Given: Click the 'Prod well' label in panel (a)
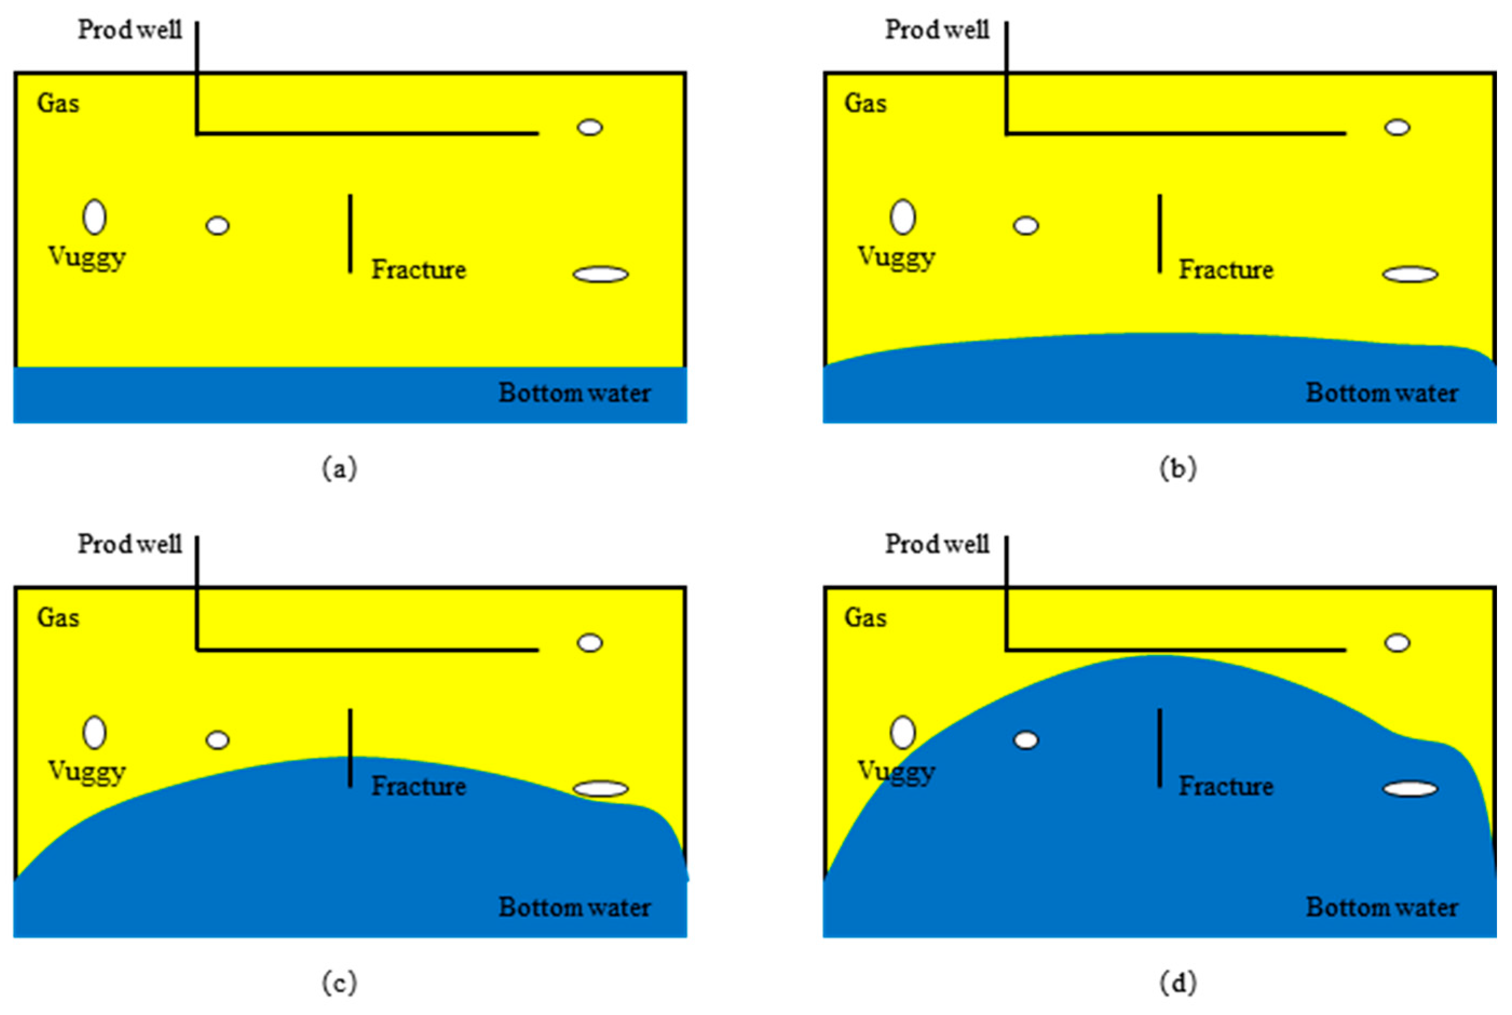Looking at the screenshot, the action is coord(130,30).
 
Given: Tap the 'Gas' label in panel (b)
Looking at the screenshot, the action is coord(866,104).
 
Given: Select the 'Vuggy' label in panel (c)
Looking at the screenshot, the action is coord(87,772).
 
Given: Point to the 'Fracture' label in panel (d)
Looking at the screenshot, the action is coord(1226,786).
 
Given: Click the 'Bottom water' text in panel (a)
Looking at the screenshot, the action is coord(575,393).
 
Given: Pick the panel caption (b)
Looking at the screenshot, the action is coord(1178,468).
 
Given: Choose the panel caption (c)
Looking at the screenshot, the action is coord(340,983).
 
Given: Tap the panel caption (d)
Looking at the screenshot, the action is coord(1178,983).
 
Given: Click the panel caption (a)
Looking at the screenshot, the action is coord(340,468).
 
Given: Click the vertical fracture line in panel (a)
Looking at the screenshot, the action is coord(350,234).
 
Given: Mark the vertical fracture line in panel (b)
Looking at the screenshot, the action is coord(1160,234).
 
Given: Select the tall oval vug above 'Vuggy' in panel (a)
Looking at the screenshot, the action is coord(94,217).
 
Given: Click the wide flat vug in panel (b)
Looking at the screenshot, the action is coord(1411,275).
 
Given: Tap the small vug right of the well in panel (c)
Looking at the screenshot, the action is coord(590,643).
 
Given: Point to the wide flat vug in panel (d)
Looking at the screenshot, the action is coord(1411,789).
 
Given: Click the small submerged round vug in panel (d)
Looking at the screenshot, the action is coord(1026,740).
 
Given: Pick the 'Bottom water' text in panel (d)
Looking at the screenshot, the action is coord(1382,908).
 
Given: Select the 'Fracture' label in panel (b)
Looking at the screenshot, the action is coord(1226,270).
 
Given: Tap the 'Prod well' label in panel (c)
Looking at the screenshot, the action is coord(130,544).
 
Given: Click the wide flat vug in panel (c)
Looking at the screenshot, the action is coord(601,789).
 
